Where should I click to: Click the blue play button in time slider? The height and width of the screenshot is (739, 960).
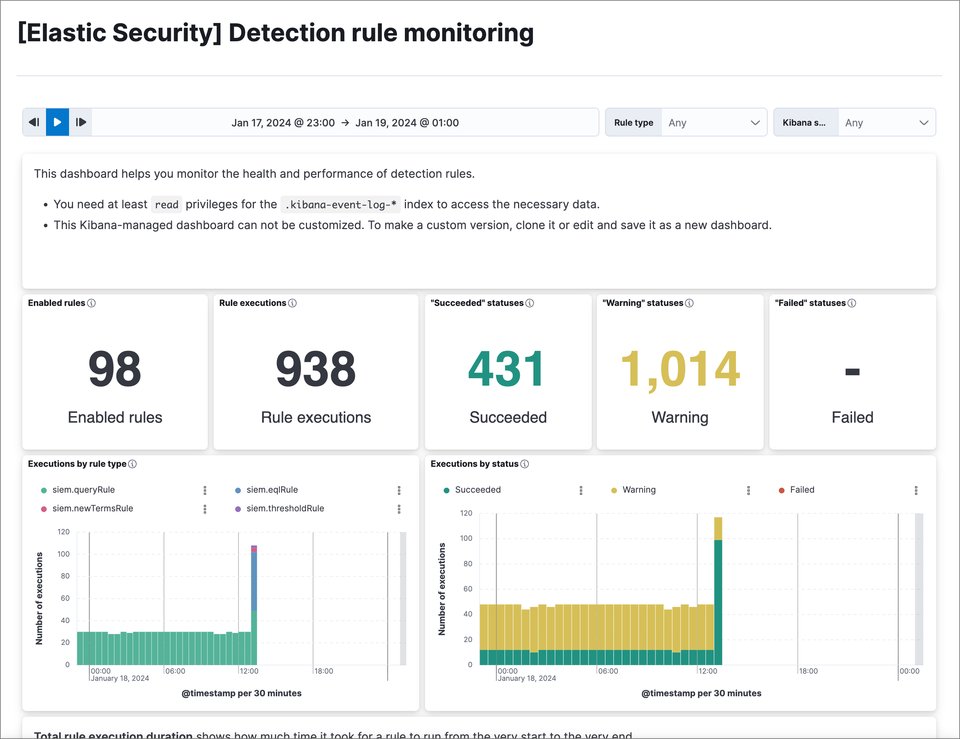[x=57, y=122]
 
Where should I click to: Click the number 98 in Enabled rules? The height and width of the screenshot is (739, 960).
[x=115, y=368]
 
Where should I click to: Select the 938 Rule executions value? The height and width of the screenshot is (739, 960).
[x=316, y=368]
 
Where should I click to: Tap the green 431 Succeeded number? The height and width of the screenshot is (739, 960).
[x=507, y=368]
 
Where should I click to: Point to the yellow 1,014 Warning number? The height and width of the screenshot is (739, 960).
[x=680, y=368]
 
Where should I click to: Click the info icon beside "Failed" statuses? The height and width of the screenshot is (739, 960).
[x=851, y=303]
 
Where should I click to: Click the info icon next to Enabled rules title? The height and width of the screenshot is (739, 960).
[x=91, y=303]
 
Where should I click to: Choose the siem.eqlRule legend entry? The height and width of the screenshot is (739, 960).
[x=272, y=489]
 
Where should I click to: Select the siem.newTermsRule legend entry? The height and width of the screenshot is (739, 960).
[x=92, y=508]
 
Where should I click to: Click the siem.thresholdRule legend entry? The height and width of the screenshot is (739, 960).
[x=285, y=508]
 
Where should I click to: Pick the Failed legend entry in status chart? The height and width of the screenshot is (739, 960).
[x=801, y=489]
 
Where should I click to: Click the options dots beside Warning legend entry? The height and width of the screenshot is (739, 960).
[x=748, y=491]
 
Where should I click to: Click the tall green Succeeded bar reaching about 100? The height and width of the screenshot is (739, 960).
[x=718, y=601]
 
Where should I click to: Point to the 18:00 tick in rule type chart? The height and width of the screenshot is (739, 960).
[x=324, y=671]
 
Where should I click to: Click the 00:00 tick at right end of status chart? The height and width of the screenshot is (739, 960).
[x=909, y=671]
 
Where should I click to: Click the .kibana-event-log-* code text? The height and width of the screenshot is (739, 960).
[x=340, y=205]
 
